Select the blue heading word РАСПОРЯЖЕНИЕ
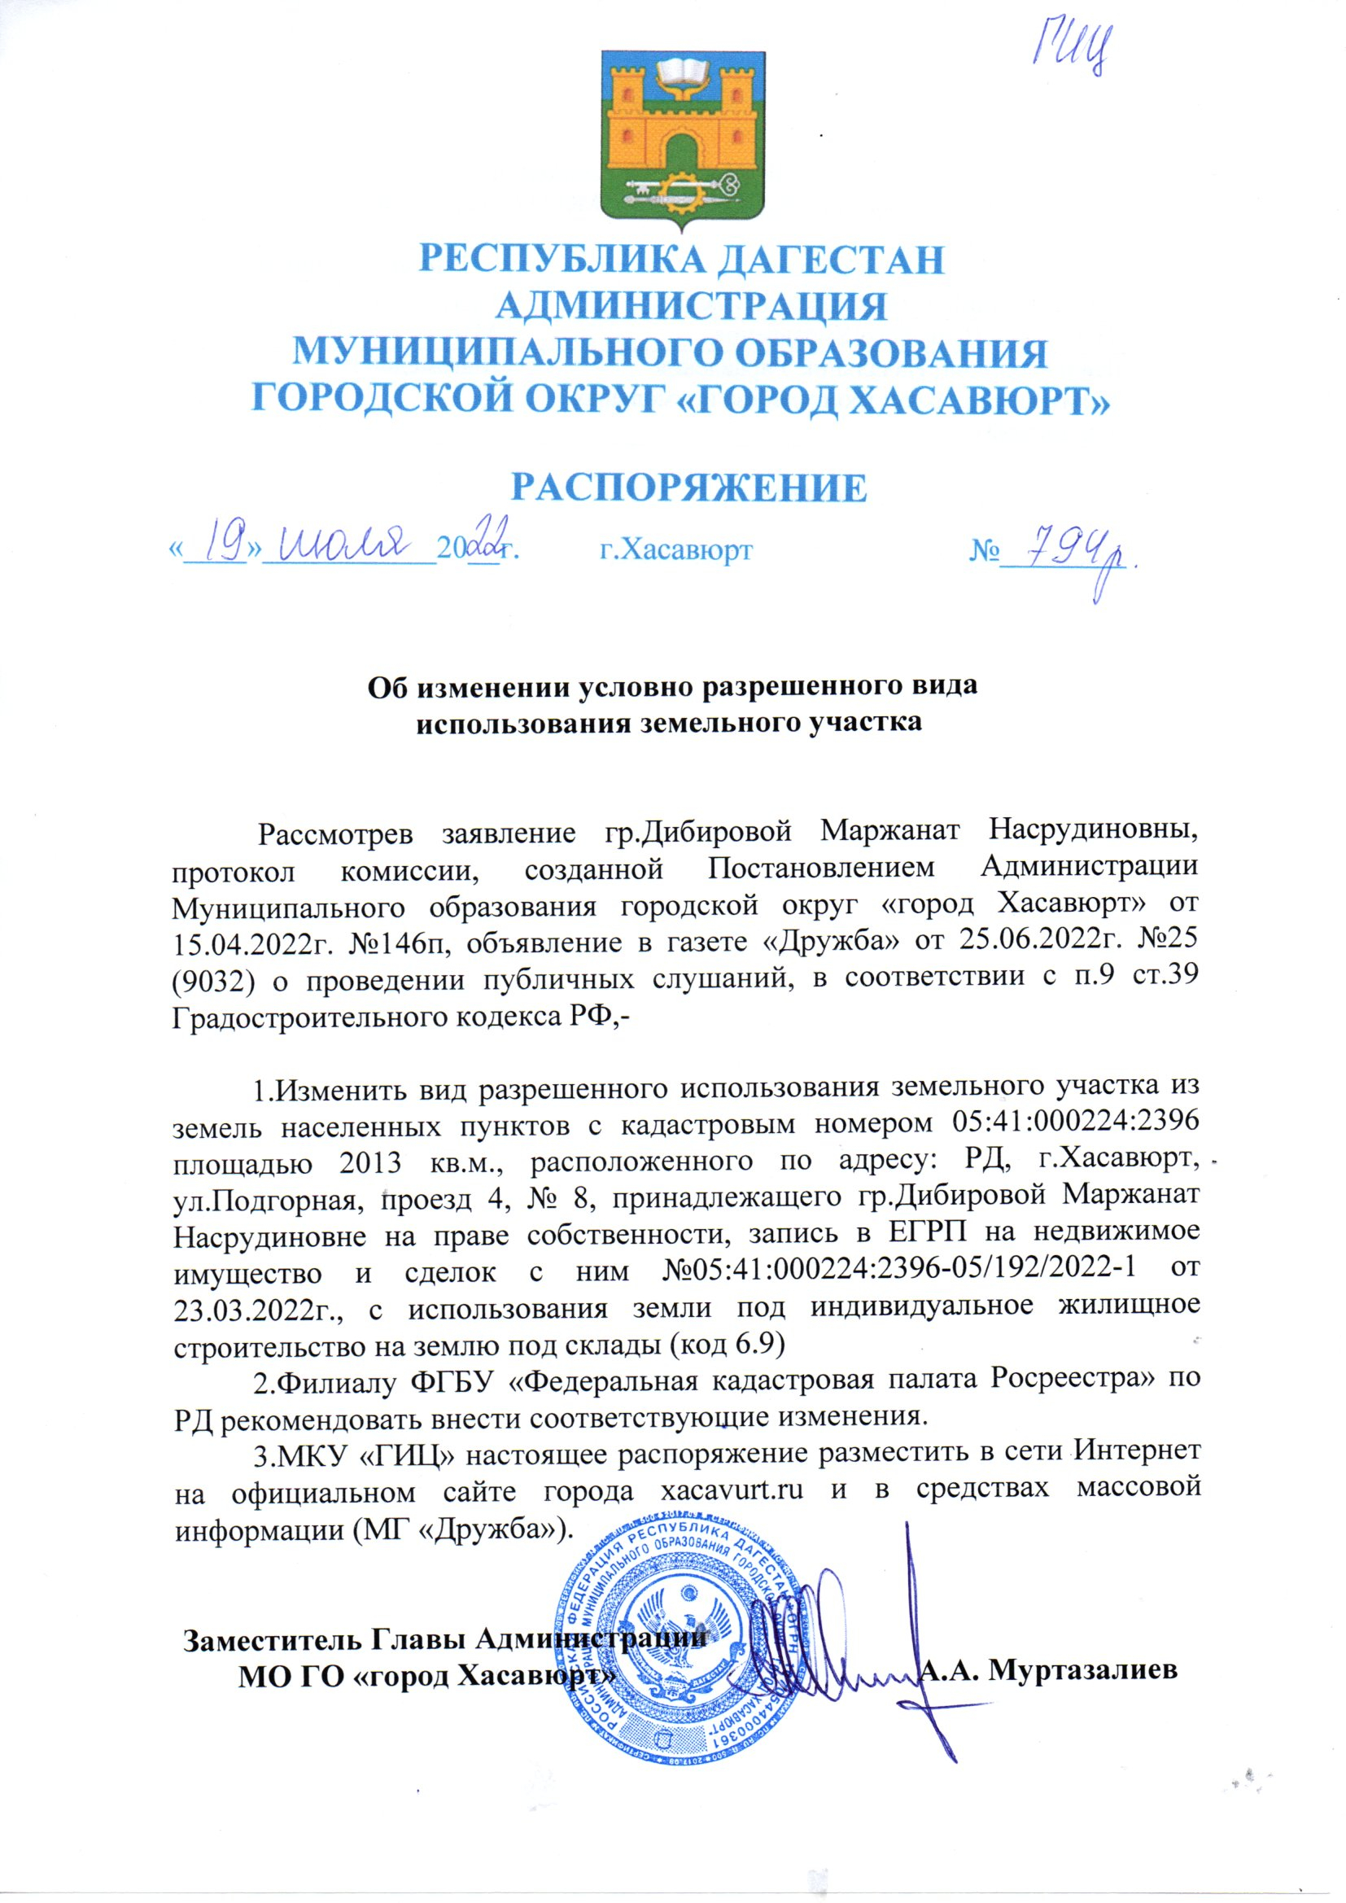tap(688, 489)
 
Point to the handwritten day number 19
tap(216, 546)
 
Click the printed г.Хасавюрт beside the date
tap(675, 549)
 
